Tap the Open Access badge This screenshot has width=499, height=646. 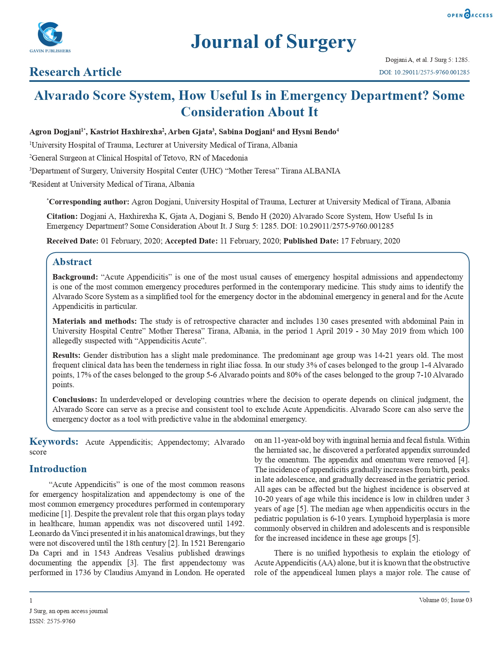[x=470, y=14]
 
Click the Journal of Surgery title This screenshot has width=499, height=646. [x=273, y=42]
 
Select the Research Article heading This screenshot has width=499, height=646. [x=76, y=72]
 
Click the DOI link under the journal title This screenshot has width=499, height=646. [x=424, y=72]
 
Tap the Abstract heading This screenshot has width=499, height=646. [x=72, y=262]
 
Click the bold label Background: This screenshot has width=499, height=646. [x=75, y=277]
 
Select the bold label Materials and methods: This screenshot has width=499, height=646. [x=95, y=321]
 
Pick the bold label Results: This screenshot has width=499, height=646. [x=67, y=355]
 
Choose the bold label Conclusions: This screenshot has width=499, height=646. [x=75, y=400]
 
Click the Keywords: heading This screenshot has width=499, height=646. [x=54, y=442]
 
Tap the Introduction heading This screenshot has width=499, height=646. [x=58, y=469]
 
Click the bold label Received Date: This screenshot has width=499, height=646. [x=72, y=241]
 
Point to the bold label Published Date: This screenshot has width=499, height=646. [x=311, y=241]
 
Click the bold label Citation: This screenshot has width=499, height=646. [x=62, y=217]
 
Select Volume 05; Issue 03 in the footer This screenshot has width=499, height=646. [x=445, y=600]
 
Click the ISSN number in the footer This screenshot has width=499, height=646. [x=52, y=621]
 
